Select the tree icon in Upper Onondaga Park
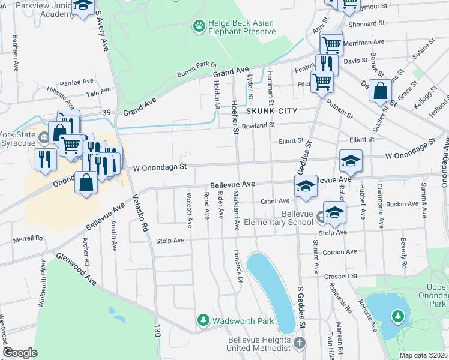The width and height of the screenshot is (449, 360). click(x=397, y=316)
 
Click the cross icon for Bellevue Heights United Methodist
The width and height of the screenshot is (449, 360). click(x=300, y=343)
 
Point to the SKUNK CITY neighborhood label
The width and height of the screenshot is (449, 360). click(x=271, y=111)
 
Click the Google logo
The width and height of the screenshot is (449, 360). click(x=20, y=353)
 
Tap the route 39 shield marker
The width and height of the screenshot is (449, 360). click(x=107, y=112)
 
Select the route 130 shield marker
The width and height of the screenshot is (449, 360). click(x=158, y=346)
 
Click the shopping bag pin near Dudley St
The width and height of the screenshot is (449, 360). click(x=381, y=92)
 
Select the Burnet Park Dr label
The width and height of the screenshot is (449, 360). click(x=196, y=68)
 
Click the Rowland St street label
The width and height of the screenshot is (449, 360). click(x=258, y=125)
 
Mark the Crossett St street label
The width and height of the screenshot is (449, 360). click(x=340, y=276)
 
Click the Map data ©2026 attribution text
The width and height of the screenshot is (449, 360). click(x=423, y=355)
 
